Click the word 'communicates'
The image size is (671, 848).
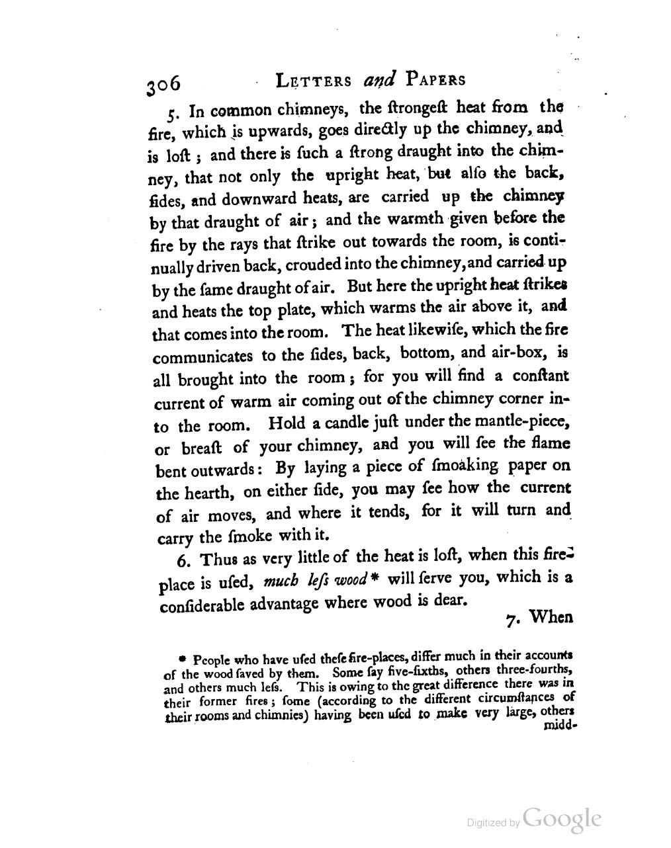(202, 357)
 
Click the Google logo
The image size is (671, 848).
(562, 818)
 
